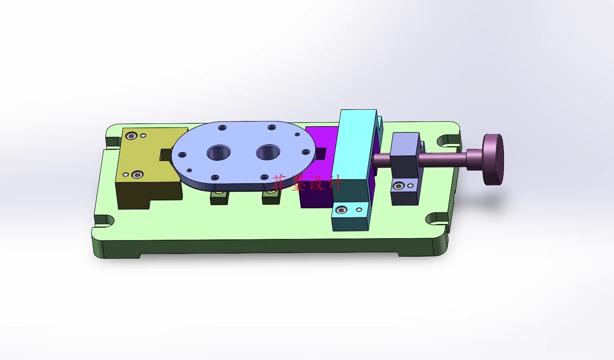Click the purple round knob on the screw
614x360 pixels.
493,160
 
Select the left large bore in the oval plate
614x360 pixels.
219,152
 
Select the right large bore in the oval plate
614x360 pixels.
268,152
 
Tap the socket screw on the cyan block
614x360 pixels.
341,210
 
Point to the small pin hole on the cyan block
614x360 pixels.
358,210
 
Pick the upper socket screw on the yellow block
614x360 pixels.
131,136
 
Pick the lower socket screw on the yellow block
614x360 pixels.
137,174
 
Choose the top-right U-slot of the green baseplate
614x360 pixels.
447,140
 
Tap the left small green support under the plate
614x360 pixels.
219,198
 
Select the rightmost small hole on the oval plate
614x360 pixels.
305,152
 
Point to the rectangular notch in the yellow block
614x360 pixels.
165,154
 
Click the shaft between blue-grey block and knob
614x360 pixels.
442,159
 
